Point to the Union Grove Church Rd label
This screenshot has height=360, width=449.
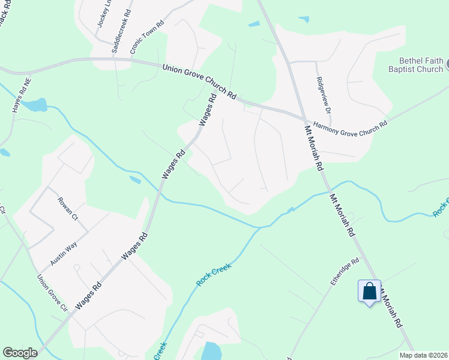tap(200, 82)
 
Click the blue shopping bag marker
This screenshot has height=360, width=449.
tap(369, 292)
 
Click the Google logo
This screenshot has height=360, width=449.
tap(20, 353)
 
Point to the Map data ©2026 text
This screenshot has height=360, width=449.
tap(423, 355)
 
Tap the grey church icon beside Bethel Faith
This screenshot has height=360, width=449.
tap(447, 61)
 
